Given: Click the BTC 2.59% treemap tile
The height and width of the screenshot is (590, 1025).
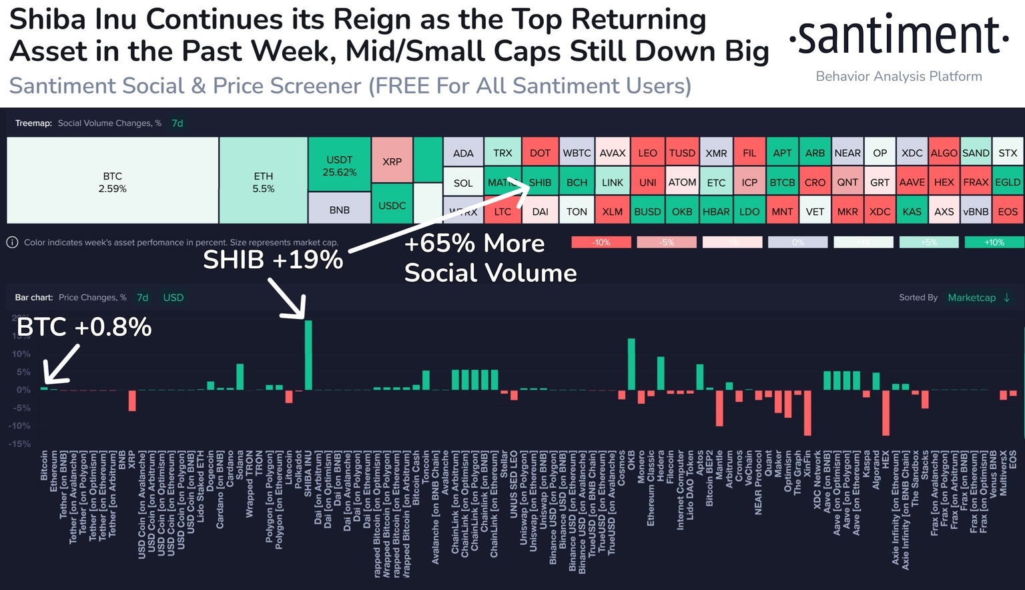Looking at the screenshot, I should point(112,181).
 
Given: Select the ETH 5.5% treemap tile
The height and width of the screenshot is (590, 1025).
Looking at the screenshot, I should point(263,181).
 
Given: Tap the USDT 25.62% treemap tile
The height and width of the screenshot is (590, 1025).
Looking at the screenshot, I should point(339,165).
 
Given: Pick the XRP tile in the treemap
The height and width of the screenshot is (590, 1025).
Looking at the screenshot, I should point(392,161).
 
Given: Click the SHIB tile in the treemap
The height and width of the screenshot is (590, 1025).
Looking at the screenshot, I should point(540,182).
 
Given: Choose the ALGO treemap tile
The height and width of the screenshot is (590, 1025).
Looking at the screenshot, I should point(944,153).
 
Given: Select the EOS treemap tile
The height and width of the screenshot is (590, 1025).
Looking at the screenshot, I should point(1008,212).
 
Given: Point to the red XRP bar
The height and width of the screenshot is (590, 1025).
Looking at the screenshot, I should point(132,400).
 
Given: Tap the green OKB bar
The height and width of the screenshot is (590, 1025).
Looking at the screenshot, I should point(631,364).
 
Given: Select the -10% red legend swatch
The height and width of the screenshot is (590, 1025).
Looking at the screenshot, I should point(601,242).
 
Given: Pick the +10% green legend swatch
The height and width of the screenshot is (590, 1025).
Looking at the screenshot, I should point(994,242).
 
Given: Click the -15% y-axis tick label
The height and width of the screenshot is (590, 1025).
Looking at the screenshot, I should point(20,444).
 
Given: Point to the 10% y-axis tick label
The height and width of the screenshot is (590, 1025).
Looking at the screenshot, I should point(21,354).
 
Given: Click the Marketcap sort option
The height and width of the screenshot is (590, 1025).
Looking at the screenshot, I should point(972,298).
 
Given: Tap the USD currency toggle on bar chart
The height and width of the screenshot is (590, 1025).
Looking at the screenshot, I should point(174,298).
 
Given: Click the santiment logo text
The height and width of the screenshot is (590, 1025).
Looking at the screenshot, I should point(898,37).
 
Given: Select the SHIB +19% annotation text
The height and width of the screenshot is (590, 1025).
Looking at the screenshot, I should point(273,260).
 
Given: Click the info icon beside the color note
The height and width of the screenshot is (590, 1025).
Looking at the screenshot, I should point(12,242).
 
